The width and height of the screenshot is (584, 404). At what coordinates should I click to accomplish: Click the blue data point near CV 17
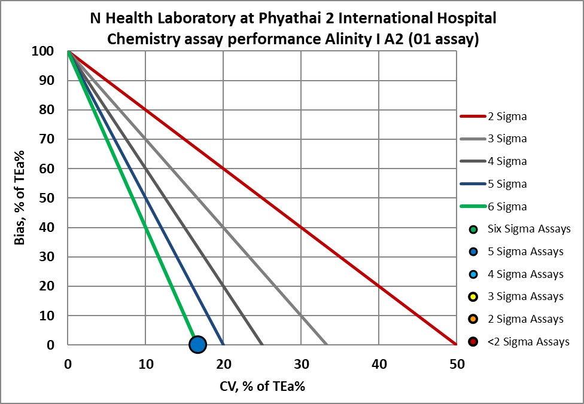coord(197,344)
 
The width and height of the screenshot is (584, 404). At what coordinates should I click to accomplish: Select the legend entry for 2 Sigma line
coord(493,116)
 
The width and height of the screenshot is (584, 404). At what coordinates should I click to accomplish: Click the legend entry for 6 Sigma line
coord(493,206)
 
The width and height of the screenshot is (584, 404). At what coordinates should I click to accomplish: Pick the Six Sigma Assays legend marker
coord(474,229)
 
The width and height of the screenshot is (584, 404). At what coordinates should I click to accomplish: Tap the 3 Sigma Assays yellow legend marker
coord(474,296)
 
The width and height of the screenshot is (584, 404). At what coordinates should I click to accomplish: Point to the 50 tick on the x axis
coord(456,363)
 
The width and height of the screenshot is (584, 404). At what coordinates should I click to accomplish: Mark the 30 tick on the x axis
coord(301,363)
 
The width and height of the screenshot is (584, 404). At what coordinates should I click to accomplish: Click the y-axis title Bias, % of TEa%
coord(19,198)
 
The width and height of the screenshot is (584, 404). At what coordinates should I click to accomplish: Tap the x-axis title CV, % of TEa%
coord(261,386)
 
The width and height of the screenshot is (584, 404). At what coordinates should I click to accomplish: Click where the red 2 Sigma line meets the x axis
coord(456,345)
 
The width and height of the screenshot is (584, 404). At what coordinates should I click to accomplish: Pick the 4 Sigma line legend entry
coord(493,161)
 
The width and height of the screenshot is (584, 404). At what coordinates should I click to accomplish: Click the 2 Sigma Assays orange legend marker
coord(474,319)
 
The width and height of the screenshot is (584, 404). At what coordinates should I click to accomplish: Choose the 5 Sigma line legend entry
coord(493,183)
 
